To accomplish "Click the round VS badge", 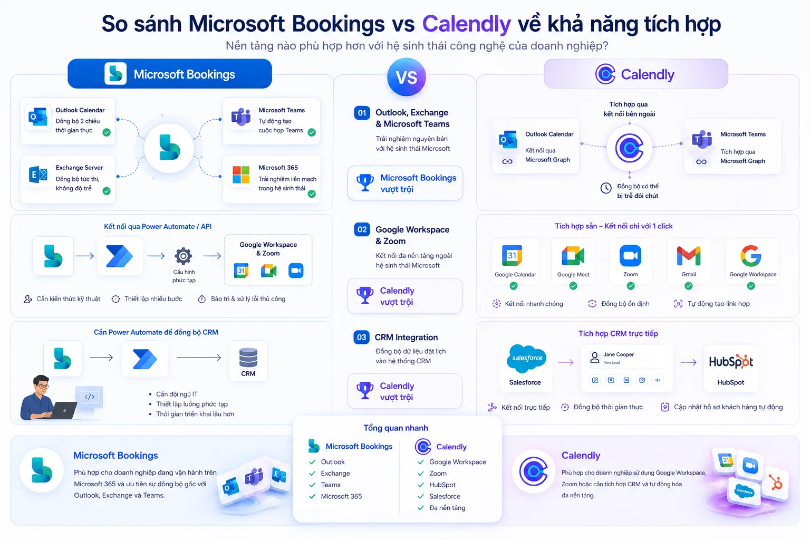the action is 406,77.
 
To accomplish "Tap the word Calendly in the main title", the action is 467,24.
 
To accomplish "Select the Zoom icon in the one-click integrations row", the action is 630,256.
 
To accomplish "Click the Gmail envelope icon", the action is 689,256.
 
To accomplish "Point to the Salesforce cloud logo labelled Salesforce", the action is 526,358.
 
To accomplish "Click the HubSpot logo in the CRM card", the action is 731,361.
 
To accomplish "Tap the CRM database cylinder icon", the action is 248,358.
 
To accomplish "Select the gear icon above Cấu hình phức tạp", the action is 184,256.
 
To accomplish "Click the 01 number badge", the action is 362,113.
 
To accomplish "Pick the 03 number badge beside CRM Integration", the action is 361,337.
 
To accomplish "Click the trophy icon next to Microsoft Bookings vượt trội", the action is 365,182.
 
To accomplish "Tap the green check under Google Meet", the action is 573,286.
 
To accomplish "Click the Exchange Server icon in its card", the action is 38,175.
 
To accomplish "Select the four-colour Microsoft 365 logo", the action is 241,175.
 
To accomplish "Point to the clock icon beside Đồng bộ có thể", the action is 606,188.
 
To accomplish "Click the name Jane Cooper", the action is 619,354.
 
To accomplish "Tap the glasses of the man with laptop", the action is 43,387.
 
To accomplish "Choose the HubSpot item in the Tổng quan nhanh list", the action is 442,485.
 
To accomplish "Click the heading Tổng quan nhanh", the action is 396,428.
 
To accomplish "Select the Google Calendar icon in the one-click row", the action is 512,255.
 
